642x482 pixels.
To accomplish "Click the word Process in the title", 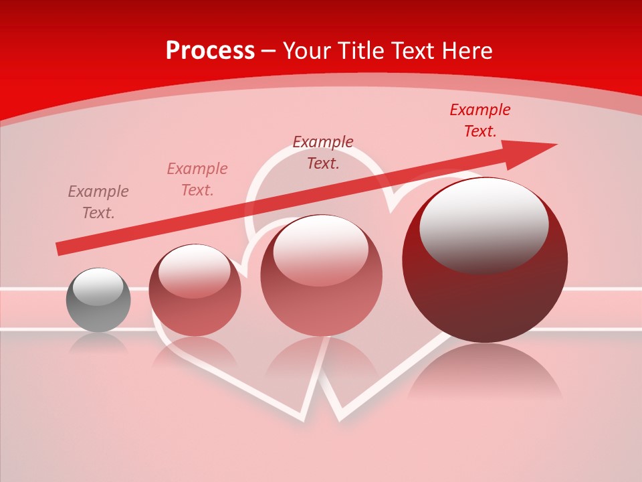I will [210, 51].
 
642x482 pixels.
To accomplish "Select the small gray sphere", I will [98, 300].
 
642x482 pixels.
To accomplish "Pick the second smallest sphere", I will [195, 290].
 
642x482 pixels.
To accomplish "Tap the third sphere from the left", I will [321, 275].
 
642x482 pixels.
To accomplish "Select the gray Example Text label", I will [98, 202].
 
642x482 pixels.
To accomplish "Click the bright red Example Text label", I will [479, 120].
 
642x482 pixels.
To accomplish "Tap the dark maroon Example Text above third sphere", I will [323, 152].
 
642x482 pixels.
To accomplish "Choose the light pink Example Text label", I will [197, 179].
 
